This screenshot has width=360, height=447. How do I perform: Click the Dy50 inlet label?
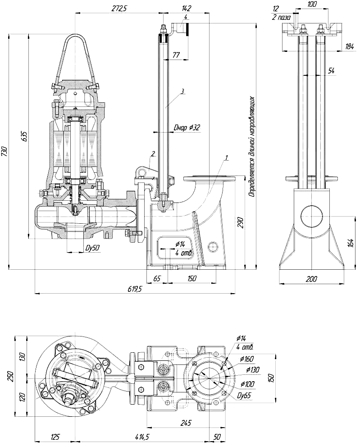click(x=92, y=248)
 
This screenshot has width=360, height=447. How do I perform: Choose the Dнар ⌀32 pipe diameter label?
click(x=187, y=128)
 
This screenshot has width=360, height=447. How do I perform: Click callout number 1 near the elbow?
click(x=227, y=157)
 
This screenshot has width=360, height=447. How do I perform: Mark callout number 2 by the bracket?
click(x=153, y=154)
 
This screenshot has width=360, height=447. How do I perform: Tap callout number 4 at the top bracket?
click(x=186, y=17)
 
